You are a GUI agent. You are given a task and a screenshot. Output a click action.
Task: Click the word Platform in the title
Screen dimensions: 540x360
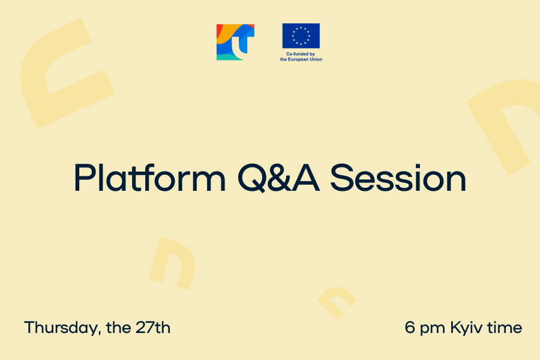pos(150,178)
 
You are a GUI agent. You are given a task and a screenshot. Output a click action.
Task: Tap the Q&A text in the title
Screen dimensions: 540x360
pos(278,178)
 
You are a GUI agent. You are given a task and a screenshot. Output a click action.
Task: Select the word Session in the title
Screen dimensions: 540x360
pos(398,178)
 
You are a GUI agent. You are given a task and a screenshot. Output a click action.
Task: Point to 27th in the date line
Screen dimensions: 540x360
pos(153,327)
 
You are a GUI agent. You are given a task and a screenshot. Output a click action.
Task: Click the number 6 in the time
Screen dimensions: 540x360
pos(409,327)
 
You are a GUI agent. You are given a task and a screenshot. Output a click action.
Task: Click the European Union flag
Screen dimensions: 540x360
pos(301,36)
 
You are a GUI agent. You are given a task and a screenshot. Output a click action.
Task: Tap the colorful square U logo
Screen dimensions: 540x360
pos(236,42)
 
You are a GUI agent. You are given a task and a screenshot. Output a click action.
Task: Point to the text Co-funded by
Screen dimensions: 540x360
pos(301,54)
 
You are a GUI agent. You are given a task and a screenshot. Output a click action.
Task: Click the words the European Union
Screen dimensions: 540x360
pos(301,59)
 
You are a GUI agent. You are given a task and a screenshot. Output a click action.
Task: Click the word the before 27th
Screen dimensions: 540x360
pos(118,327)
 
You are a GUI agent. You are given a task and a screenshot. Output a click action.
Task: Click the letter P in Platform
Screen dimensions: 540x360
pos(83,178)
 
